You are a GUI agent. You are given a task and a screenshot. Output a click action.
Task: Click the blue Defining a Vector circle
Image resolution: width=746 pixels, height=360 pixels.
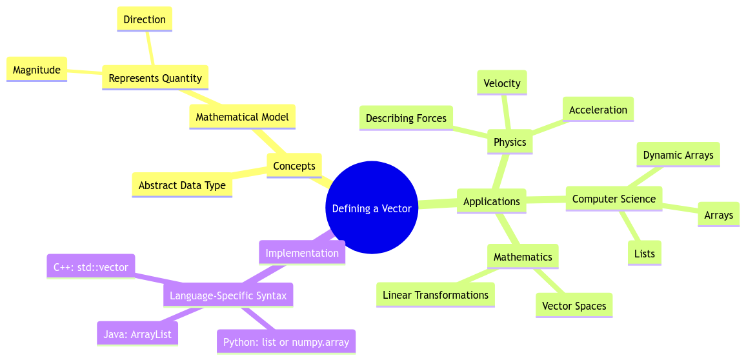372,208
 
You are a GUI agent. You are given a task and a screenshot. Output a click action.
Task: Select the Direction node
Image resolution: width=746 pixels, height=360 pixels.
145,19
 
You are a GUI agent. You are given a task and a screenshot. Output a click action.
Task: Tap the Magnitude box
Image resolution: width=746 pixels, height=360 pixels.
37,70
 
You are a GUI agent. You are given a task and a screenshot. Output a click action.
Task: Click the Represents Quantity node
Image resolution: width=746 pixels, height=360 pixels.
155,78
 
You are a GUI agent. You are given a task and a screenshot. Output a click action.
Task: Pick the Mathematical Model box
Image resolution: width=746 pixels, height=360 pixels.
242,117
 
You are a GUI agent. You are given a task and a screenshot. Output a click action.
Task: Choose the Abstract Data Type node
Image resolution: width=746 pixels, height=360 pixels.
182,185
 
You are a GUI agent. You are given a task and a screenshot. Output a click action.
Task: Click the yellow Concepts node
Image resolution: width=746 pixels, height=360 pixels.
294,166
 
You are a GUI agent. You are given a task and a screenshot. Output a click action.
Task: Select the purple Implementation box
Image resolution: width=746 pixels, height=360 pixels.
302,253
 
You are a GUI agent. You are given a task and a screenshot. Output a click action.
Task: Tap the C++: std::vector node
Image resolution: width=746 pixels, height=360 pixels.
91,267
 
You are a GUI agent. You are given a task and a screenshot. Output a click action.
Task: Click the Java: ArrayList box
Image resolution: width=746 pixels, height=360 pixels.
137,334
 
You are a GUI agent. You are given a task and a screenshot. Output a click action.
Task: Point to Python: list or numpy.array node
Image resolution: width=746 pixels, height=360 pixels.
286,342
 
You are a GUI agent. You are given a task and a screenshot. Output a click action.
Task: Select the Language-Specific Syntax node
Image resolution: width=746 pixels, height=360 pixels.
228,296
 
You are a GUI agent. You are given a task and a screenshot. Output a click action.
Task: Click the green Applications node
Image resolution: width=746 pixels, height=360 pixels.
491,201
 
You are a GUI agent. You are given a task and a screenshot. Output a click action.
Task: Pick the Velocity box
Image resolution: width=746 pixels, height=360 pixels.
501,83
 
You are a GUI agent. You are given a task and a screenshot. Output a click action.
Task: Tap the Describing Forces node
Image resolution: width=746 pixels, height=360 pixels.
406,118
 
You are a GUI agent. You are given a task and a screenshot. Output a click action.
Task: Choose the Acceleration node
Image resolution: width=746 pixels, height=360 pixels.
598,110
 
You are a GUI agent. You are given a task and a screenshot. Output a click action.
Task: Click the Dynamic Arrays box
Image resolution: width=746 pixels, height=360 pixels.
678,155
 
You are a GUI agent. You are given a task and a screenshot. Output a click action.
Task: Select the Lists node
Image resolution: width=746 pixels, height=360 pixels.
644,254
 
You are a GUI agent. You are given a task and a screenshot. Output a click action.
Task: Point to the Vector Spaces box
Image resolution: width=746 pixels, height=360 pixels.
574,306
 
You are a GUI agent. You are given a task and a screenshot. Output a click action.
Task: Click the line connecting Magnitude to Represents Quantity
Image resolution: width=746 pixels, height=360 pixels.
85,73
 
